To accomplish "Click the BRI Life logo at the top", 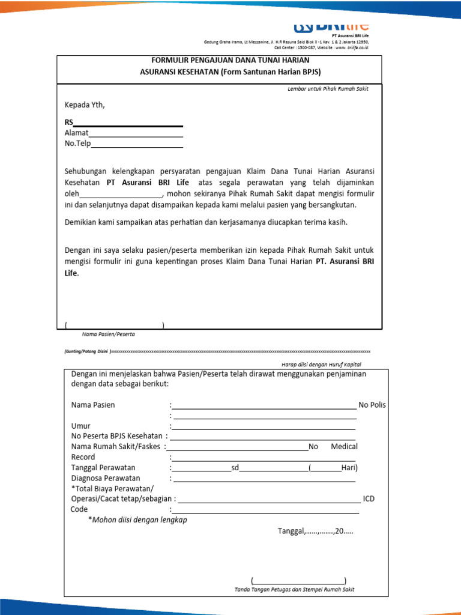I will (x=331, y=27).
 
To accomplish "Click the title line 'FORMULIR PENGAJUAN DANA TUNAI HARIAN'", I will (x=230, y=61).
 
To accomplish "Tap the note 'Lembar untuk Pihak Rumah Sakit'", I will (x=328, y=89).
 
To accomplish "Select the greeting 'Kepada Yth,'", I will (x=85, y=105).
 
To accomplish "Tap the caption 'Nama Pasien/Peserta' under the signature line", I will (x=109, y=333).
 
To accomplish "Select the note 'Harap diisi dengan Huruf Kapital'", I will (x=321, y=365).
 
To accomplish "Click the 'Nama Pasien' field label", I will (x=93, y=405).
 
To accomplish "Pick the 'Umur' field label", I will (x=81, y=426).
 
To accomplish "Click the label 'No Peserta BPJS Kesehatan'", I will (x=116, y=436).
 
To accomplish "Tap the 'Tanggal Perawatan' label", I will (x=103, y=467).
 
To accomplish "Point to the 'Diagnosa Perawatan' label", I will (x=106, y=478).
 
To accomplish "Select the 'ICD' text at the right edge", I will (x=369, y=498).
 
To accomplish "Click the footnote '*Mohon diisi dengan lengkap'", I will (x=137, y=520).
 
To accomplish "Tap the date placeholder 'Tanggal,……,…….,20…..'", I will (x=315, y=531).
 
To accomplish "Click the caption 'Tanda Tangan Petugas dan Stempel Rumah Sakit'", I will (x=294, y=589).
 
